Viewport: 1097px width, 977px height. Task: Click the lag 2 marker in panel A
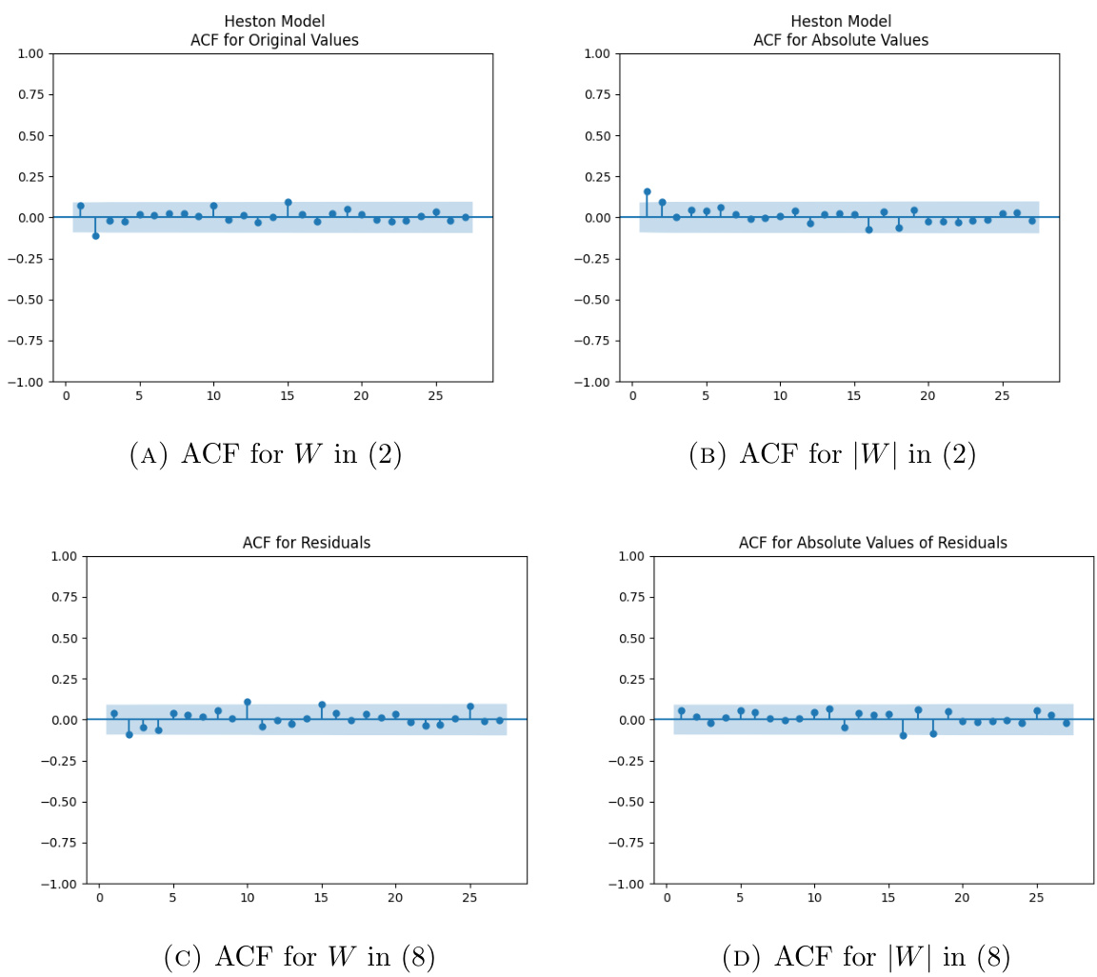[95, 235]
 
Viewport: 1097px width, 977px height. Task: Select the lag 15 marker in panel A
[288, 202]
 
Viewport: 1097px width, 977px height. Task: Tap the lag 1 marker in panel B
[648, 191]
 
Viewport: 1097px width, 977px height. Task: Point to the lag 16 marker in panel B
[868, 229]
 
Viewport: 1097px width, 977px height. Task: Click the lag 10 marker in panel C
[248, 702]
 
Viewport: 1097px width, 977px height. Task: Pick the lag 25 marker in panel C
[469, 707]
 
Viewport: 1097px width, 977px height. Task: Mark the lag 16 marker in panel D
[903, 735]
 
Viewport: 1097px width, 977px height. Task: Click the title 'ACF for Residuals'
[307, 543]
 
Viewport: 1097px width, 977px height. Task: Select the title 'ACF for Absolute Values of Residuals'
[873, 543]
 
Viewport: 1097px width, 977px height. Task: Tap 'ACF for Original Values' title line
[272, 40]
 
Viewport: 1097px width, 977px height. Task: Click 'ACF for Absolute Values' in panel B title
[840, 40]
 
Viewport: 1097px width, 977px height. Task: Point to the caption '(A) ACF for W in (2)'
[266, 455]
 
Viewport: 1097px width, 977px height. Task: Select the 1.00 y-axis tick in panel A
[30, 53]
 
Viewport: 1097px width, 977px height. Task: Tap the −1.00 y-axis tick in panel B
[592, 382]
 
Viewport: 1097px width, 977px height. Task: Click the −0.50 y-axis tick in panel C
[63, 802]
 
